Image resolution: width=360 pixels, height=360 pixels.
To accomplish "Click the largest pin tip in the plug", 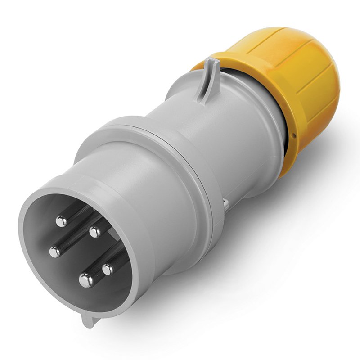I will (x=86, y=280).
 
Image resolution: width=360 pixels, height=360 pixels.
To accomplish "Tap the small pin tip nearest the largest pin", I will (x=108, y=269).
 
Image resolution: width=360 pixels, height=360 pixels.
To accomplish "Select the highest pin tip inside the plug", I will (x=61, y=221).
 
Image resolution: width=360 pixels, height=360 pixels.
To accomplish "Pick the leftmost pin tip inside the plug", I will (x=55, y=252).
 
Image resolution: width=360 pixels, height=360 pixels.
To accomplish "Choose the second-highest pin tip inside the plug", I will (x=95, y=232).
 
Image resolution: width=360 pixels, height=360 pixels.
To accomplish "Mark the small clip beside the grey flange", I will (x=226, y=205).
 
